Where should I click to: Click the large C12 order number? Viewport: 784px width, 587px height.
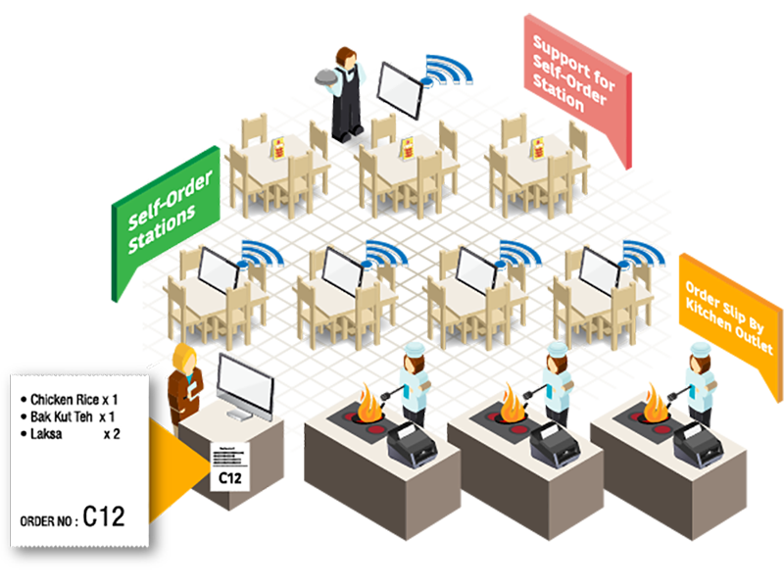click(x=103, y=516)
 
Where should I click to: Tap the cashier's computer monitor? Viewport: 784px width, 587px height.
click(x=239, y=382)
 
